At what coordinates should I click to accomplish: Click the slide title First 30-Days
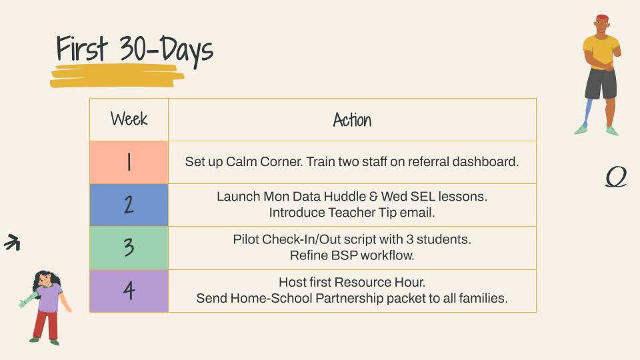(x=135, y=51)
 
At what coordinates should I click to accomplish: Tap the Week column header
(x=129, y=119)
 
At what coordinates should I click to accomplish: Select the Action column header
(x=352, y=120)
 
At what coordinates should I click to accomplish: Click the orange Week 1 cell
(x=129, y=162)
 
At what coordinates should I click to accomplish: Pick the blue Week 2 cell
(x=129, y=205)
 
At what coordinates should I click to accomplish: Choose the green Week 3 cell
(x=129, y=248)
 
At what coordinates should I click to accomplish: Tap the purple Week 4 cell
(x=129, y=291)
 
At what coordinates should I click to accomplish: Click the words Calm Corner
(x=264, y=161)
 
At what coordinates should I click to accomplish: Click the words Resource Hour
(x=379, y=282)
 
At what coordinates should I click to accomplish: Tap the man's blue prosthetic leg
(x=587, y=112)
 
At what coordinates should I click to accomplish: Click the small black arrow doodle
(x=12, y=242)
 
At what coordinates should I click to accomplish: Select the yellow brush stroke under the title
(x=117, y=76)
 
